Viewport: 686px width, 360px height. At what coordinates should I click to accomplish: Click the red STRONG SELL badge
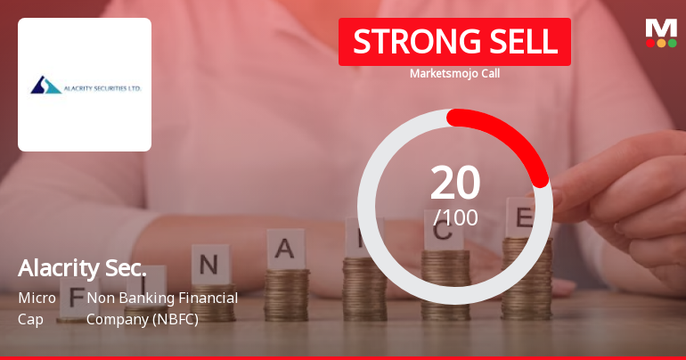pos(454,42)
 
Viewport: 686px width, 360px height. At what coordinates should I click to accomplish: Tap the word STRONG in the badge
pos(405,42)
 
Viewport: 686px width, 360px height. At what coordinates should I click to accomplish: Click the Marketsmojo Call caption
pos(454,73)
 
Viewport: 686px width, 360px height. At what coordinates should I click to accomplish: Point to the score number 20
pos(454,183)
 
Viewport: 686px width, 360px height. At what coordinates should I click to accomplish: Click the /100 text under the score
pos(454,217)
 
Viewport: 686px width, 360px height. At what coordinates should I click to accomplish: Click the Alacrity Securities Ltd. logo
pos(85,86)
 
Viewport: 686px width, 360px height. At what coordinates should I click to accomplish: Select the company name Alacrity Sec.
pos(82,269)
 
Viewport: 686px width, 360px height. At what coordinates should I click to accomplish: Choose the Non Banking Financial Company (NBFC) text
pos(162,307)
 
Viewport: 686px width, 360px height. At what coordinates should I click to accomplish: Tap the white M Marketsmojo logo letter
pos(660,28)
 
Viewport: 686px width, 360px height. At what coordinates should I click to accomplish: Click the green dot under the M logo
pos(673,43)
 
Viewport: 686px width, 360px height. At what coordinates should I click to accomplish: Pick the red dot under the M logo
pos(649,43)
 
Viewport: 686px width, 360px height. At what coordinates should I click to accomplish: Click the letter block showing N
pos(209,266)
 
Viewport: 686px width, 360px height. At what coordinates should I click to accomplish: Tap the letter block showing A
pos(285,250)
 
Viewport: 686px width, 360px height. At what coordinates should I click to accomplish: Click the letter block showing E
pos(524,217)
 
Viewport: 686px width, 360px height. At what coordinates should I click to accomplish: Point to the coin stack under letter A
pos(287,294)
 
